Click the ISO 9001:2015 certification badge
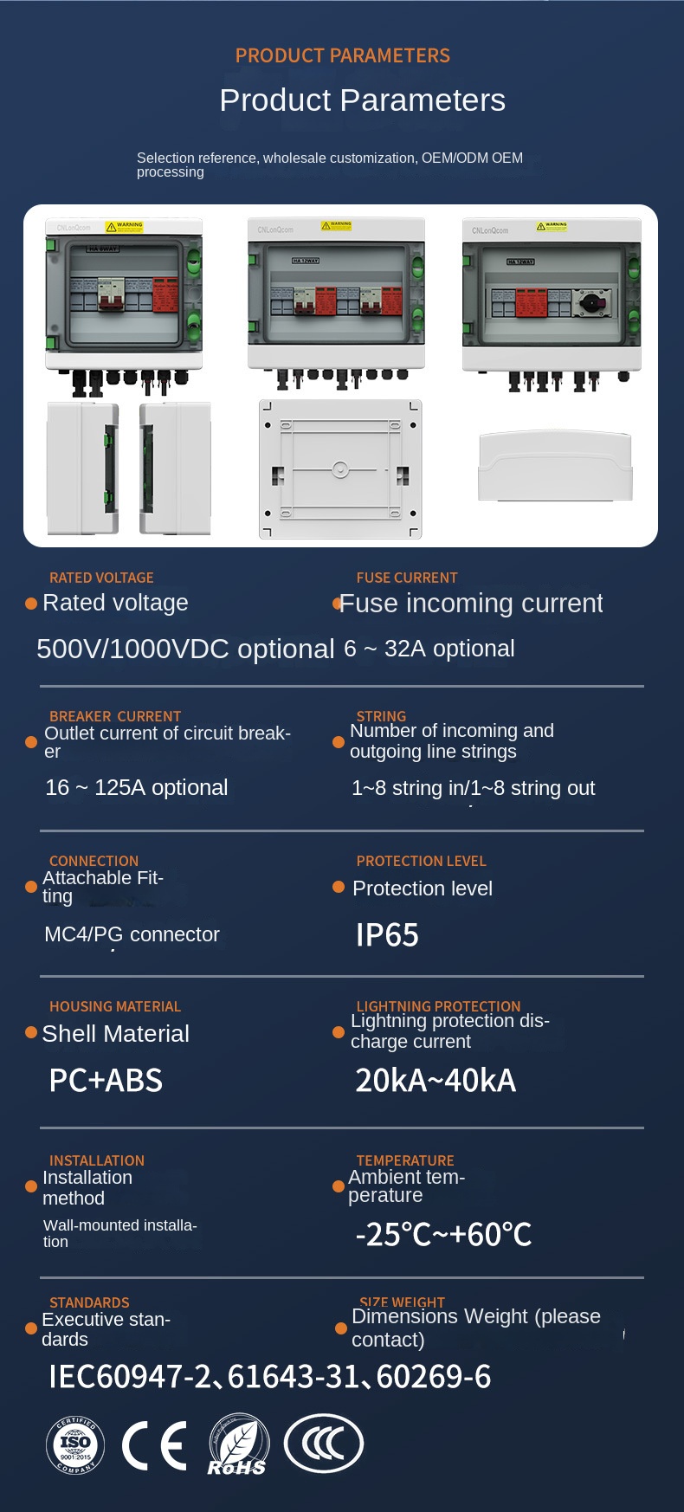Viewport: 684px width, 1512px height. click(x=75, y=1444)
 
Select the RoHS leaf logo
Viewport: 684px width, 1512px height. click(x=238, y=1444)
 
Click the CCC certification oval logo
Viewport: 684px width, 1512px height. click(x=324, y=1444)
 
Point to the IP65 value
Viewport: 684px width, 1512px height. click(x=387, y=935)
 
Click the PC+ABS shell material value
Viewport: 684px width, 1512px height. click(x=106, y=1081)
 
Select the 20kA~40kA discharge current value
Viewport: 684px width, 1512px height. click(x=436, y=1081)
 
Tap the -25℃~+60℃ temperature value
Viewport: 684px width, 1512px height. click(x=443, y=1234)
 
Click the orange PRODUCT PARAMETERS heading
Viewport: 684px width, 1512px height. click(x=343, y=55)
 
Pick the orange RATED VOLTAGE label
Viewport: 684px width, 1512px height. click(x=101, y=578)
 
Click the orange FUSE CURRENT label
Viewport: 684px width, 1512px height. click(x=407, y=578)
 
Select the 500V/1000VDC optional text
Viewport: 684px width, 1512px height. click(x=185, y=649)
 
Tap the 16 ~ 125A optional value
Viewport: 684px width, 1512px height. click(x=137, y=787)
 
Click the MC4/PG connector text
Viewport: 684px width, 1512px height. click(x=132, y=934)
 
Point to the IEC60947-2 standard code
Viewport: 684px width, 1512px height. click(x=129, y=1376)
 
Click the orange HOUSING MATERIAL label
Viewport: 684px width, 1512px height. click(x=115, y=1006)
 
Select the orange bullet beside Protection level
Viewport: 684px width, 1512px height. click(x=339, y=888)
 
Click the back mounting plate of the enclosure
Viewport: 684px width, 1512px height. click(x=340, y=469)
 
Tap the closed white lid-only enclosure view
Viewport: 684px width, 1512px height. click(x=555, y=466)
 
